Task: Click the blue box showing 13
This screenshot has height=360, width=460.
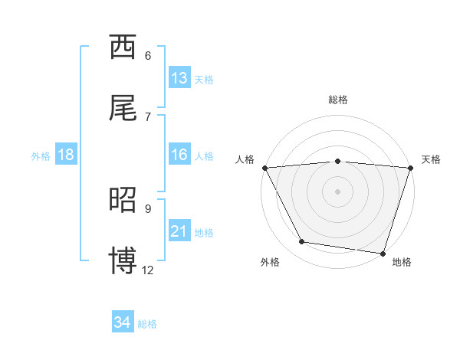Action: click(x=179, y=78)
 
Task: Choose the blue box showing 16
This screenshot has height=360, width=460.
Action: click(x=179, y=155)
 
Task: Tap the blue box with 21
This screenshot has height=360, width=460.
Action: click(x=179, y=231)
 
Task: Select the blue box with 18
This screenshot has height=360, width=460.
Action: click(x=66, y=155)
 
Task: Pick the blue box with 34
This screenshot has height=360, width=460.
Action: click(x=123, y=322)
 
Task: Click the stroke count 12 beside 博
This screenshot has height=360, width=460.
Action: click(x=148, y=270)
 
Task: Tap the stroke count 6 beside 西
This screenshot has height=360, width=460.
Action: click(x=148, y=55)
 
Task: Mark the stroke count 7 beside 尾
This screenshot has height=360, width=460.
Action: click(x=148, y=116)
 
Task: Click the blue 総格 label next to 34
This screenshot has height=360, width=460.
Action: click(x=147, y=324)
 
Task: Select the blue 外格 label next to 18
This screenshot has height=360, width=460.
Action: click(x=41, y=155)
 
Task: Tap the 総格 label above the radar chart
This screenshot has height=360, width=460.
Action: click(x=338, y=100)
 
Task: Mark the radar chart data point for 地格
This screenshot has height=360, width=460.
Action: click(x=383, y=253)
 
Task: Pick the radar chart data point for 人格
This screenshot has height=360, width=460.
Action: click(x=264, y=168)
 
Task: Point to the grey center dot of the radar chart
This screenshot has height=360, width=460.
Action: click(x=338, y=191)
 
